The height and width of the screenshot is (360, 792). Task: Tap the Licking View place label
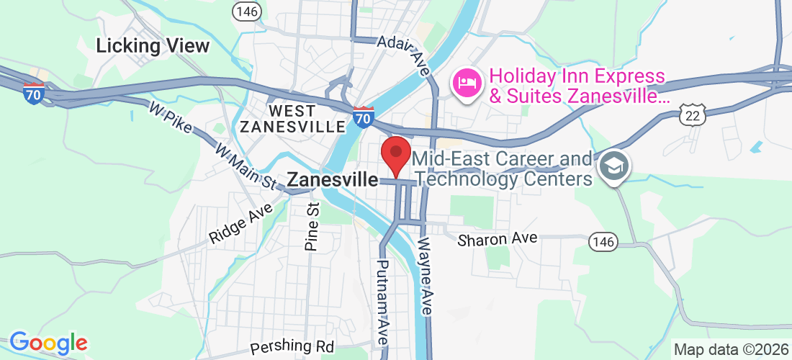(153, 46)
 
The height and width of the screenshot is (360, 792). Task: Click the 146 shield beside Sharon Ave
(602, 242)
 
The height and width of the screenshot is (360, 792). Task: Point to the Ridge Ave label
(241, 224)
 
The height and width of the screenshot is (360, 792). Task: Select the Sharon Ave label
(498, 238)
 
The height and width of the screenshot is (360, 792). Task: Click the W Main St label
(246, 165)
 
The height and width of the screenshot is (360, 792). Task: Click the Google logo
(48, 343)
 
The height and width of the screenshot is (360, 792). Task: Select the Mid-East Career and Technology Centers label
(503, 168)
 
